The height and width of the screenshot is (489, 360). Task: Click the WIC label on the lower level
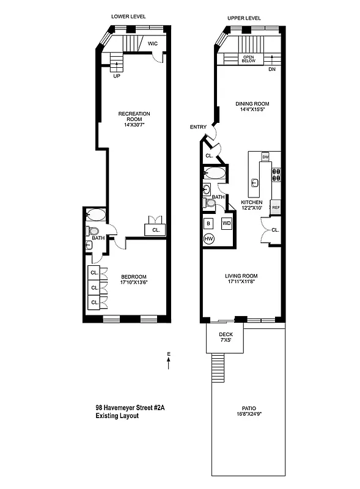click(152, 43)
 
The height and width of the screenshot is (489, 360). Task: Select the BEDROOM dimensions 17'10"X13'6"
click(134, 282)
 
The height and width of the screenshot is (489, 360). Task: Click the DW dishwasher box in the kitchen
click(265, 157)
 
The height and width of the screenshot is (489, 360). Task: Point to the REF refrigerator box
click(276, 208)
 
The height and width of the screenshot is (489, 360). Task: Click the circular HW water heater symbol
click(208, 238)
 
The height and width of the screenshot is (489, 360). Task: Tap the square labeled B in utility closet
click(208, 223)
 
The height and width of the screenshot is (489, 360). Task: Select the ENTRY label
click(198, 127)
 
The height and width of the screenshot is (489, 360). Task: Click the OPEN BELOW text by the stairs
click(248, 59)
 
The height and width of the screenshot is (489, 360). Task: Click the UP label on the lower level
click(116, 76)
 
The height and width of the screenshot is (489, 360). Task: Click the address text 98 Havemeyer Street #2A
click(128, 408)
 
